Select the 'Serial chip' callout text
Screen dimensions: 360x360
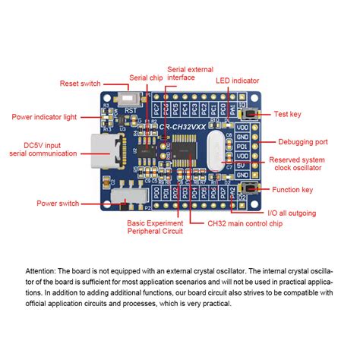coord(144,77)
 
